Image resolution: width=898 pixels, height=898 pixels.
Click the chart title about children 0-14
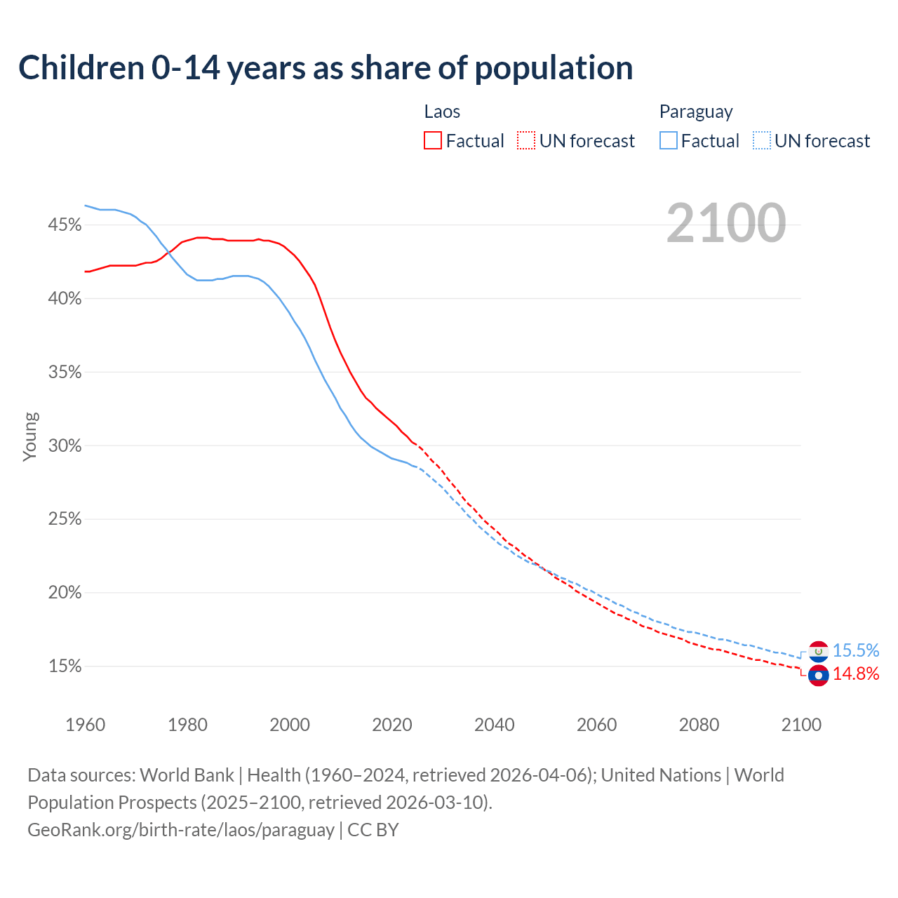(x=326, y=68)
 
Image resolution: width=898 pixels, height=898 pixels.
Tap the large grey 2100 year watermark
(x=725, y=223)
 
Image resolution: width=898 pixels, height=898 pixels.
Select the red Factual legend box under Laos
(x=433, y=141)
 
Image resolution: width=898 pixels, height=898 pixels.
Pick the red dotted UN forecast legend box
(x=526, y=141)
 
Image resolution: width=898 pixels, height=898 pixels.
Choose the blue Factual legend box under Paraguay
(x=669, y=141)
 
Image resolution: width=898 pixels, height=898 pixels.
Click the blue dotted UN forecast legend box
(x=762, y=141)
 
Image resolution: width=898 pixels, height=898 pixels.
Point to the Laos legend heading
(x=442, y=112)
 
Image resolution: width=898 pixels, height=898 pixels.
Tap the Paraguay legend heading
(x=696, y=112)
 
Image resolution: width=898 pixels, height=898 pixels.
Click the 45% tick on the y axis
(x=65, y=225)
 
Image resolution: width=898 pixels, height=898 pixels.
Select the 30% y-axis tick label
(x=65, y=446)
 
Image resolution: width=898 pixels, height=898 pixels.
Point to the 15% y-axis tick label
(x=65, y=666)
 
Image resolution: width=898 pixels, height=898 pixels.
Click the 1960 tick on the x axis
(x=85, y=725)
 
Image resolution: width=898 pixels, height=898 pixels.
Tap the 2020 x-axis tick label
(x=392, y=725)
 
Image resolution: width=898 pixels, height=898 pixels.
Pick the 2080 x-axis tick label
(x=699, y=725)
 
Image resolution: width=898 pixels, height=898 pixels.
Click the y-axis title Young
(x=30, y=436)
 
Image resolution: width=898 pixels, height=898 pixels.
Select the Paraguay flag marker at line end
(x=818, y=651)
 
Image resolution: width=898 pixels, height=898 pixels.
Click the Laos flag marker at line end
(x=818, y=675)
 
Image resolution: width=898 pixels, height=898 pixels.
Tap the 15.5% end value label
(x=856, y=651)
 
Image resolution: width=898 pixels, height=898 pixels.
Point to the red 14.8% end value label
(x=856, y=674)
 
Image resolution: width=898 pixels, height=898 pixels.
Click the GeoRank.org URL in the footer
(x=181, y=830)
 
